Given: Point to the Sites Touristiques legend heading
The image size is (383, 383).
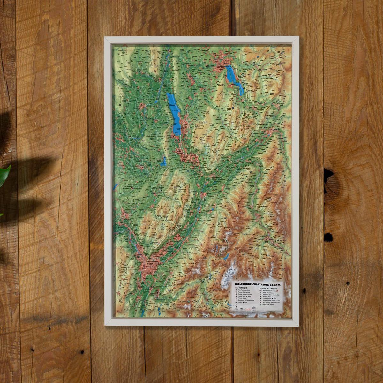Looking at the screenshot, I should pyautogui.click(x=241, y=288).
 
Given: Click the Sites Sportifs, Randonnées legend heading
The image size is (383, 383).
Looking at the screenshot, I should pyautogui.click(x=270, y=288).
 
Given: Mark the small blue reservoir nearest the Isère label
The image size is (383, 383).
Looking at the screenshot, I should pyautogui.click(x=226, y=256).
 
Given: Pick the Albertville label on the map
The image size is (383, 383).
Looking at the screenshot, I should pyautogui.click(x=275, y=130).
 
